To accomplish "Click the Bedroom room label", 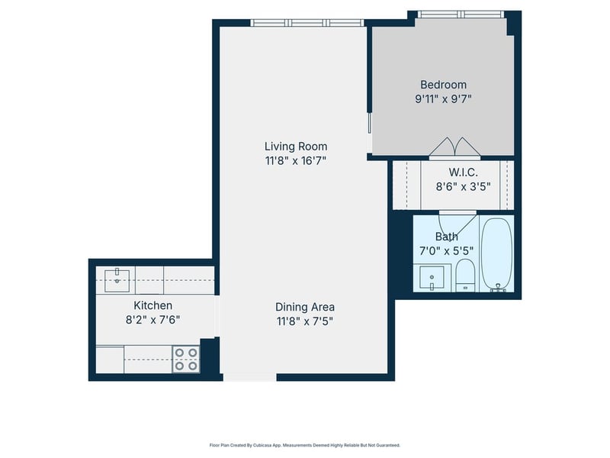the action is click(x=444, y=85).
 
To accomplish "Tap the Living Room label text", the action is click(x=296, y=147).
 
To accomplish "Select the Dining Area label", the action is click(x=305, y=307).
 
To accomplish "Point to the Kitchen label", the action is click(x=153, y=305).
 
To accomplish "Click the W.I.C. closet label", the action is click(x=463, y=173).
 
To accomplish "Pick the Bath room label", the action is click(x=447, y=237).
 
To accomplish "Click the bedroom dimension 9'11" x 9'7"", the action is click(x=444, y=99).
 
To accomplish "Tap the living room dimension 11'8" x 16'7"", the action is click(x=296, y=160).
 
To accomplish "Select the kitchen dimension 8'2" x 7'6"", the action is click(x=153, y=320).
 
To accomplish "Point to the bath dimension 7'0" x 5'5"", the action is click(x=447, y=251).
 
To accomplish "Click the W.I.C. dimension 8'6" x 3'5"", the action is click(x=463, y=186).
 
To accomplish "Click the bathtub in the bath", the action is click(x=497, y=255).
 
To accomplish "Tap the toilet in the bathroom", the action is click(x=465, y=275).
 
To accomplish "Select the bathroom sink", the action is click(x=432, y=278).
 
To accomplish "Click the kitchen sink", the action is click(x=117, y=279).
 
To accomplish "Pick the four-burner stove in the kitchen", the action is click(x=186, y=360).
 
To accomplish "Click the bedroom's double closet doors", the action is click(x=454, y=147).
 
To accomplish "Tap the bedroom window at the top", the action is click(x=461, y=15).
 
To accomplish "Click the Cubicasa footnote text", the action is click(x=305, y=445).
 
